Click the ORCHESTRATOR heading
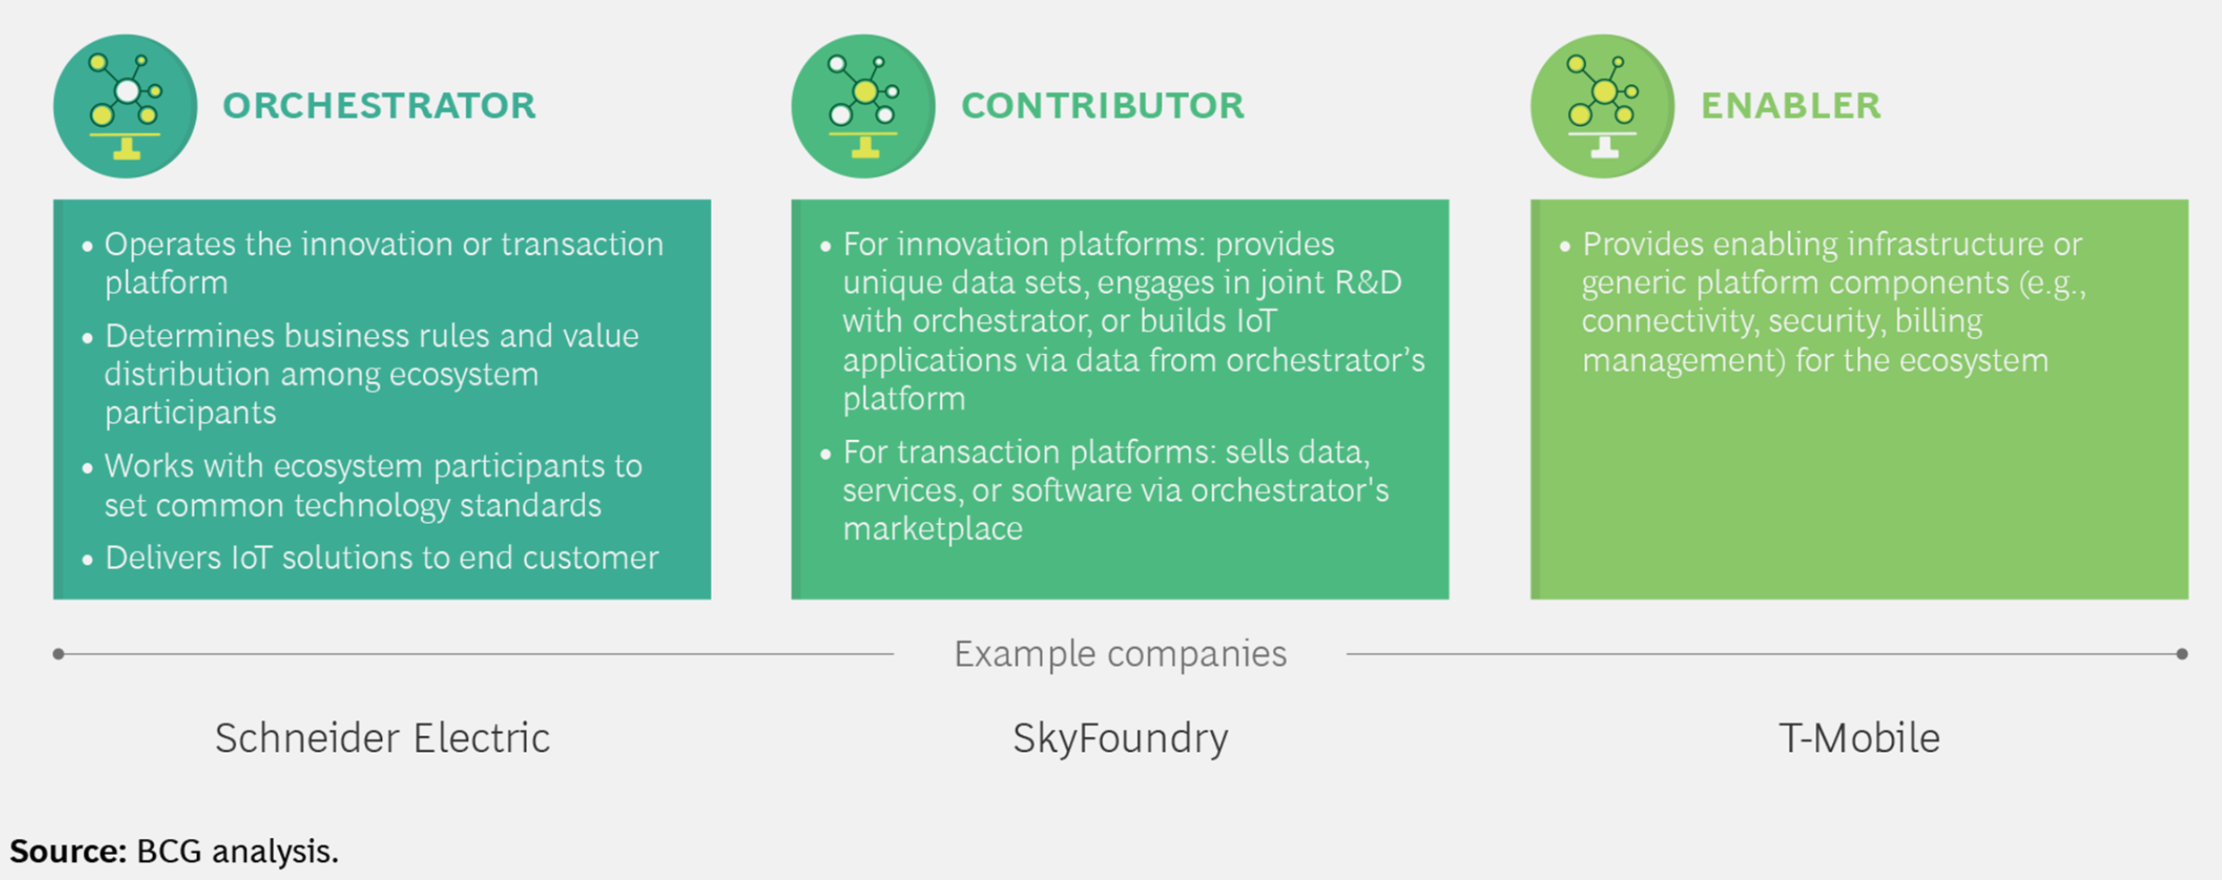(x=379, y=106)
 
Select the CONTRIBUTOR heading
(x=1102, y=106)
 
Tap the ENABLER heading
(x=1791, y=106)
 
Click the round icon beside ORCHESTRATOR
(x=125, y=106)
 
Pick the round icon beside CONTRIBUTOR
(x=863, y=106)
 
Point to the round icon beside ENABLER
(x=1602, y=106)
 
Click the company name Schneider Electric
(x=382, y=739)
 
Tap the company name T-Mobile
(x=1859, y=739)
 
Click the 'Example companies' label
(x=1120, y=655)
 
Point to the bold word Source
(x=68, y=850)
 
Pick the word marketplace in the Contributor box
(x=932, y=529)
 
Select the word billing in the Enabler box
(x=1938, y=322)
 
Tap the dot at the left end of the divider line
(x=58, y=654)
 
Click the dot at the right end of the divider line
(x=2182, y=654)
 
